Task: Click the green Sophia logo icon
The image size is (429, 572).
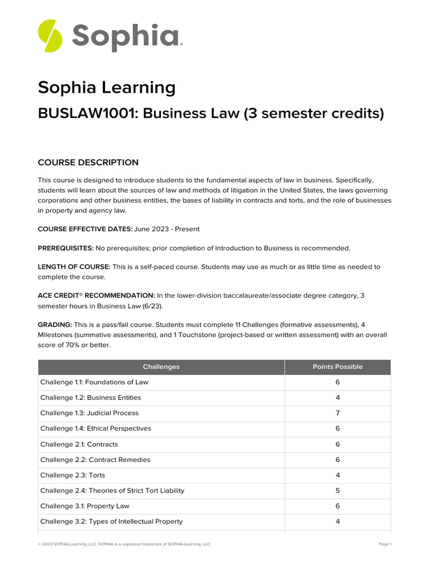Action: [x=50, y=35]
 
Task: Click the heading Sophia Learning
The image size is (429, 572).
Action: [x=106, y=88]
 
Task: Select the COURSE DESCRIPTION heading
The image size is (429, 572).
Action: [x=88, y=163]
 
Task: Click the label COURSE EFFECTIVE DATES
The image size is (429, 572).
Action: [x=84, y=229]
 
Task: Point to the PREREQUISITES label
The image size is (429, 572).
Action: [x=65, y=248]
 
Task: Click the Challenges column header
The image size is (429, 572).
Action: [x=161, y=367]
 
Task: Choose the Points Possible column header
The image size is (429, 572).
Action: [x=337, y=367]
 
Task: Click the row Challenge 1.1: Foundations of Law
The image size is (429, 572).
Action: [x=94, y=383]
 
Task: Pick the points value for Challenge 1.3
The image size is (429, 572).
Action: [x=337, y=413]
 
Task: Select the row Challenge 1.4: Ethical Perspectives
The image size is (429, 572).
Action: [x=96, y=428]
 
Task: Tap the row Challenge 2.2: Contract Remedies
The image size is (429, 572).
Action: [x=95, y=460]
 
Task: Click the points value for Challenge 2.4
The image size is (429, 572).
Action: [x=337, y=490]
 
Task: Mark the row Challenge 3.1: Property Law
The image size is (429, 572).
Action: [x=84, y=506]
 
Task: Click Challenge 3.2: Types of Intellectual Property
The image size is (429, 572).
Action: [x=111, y=521]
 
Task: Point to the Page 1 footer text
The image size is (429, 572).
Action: [x=384, y=544]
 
